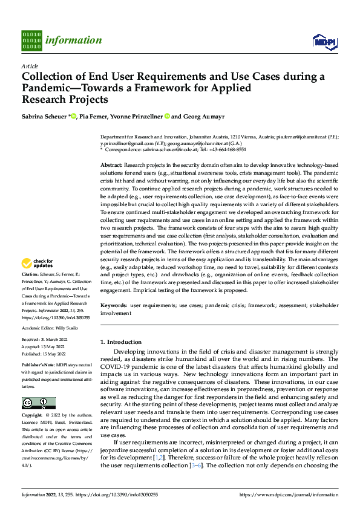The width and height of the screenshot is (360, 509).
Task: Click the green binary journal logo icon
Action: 32,40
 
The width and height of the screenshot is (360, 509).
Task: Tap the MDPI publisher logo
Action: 323,41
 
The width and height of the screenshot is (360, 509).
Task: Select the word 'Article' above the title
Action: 30,66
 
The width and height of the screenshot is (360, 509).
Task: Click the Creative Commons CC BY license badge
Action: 38,403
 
